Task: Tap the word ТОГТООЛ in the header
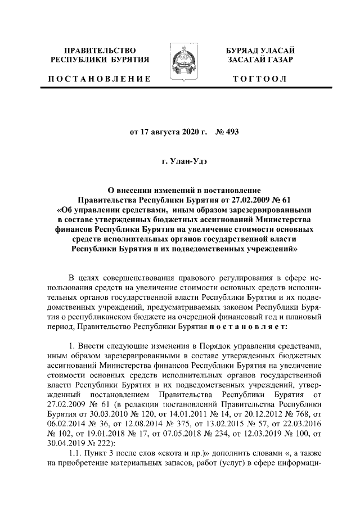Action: coord(260,79)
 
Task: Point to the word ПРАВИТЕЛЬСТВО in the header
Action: coord(100,51)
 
